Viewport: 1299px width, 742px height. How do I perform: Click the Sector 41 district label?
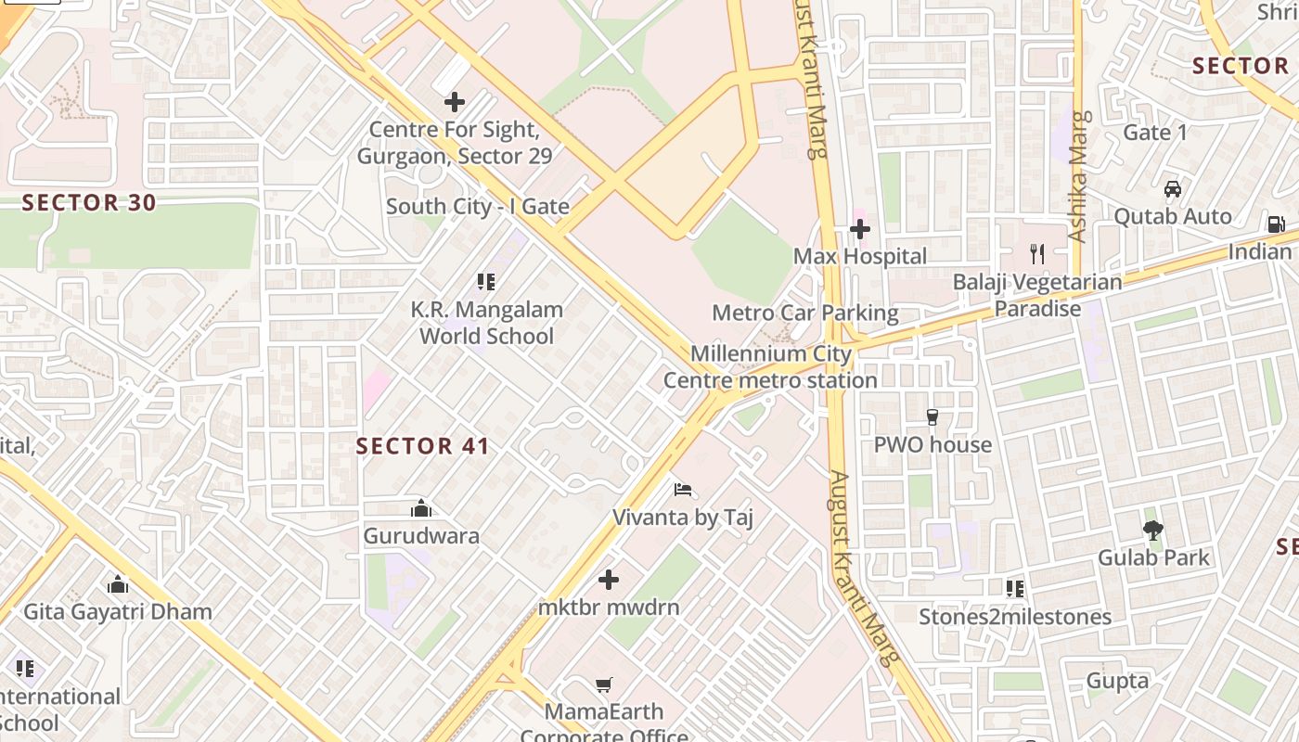422,446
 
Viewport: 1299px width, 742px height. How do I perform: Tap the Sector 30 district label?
89,202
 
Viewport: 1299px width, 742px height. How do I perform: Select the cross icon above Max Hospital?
860,228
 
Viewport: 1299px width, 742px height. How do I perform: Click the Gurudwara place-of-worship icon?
421,508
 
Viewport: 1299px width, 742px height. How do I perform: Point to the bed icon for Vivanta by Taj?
683,490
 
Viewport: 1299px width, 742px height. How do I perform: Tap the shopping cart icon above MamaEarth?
604,684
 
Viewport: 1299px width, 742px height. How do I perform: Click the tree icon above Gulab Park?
1153,531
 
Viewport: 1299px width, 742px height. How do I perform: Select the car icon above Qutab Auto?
1173,189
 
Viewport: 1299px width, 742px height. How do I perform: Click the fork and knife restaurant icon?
1037,253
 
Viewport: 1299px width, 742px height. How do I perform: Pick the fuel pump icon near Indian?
1277,224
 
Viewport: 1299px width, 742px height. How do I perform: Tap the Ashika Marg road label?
1078,176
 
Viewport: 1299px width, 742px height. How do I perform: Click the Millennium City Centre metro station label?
770,367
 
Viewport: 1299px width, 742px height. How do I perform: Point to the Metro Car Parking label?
804,313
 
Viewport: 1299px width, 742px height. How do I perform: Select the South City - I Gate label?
477,206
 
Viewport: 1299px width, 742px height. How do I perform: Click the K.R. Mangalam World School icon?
486,281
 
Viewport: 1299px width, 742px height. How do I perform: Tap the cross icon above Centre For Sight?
455,102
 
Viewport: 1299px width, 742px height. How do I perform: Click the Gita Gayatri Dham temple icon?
118,584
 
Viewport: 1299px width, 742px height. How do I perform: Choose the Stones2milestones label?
1014,617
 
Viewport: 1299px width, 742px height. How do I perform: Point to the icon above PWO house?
932,417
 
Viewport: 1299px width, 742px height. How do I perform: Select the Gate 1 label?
1154,133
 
